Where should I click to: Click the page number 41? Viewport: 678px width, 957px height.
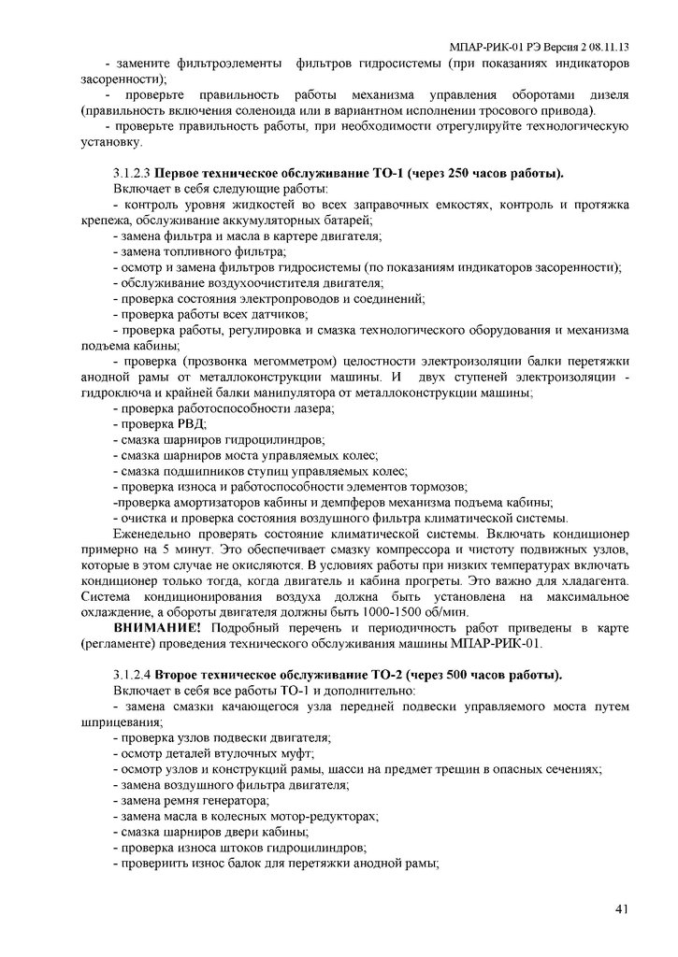(x=622, y=909)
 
